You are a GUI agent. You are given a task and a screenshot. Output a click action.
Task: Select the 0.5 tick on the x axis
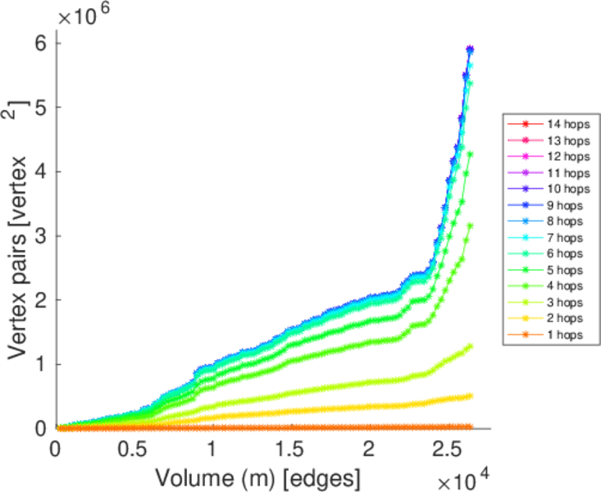tap(134, 450)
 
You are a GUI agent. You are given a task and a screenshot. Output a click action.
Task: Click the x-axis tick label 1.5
tap(290, 450)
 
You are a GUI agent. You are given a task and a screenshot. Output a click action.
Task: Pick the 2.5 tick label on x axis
tap(447, 450)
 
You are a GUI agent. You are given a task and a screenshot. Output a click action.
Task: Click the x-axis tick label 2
tap(369, 450)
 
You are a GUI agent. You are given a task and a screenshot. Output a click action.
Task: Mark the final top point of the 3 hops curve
tap(470, 347)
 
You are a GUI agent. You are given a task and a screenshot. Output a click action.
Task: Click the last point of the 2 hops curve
tap(470, 396)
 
